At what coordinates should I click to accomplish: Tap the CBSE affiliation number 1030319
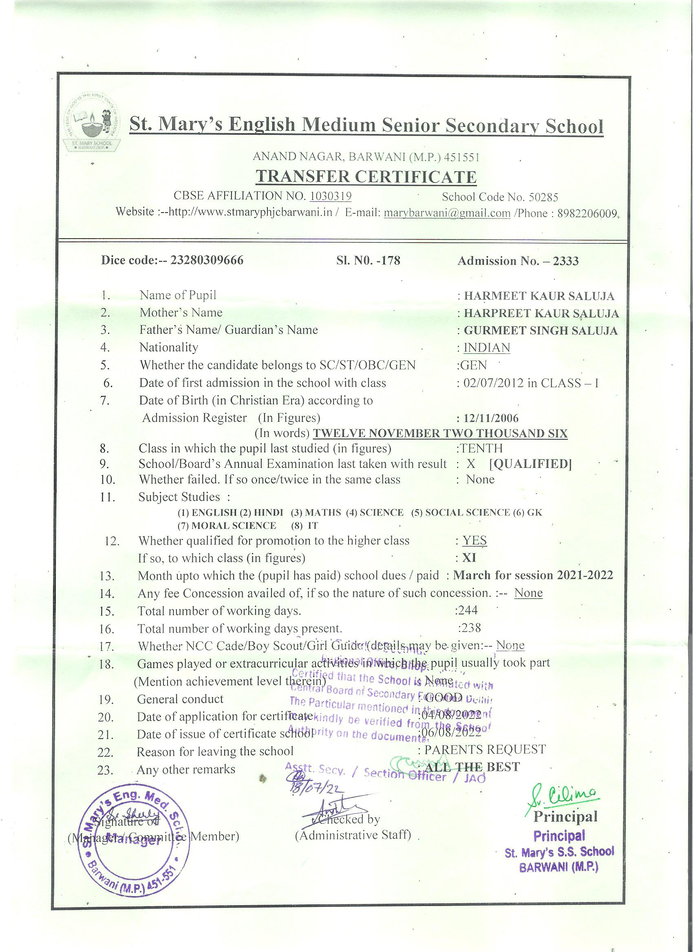click(330, 196)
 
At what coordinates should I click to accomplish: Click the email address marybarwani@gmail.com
click(447, 213)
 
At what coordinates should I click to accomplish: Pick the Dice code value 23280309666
click(206, 260)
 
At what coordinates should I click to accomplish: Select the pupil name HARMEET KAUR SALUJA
click(539, 296)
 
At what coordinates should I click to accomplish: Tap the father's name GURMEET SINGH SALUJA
click(541, 331)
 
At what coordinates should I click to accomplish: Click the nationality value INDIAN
click(487, 348)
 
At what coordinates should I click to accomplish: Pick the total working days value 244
click(468, 610)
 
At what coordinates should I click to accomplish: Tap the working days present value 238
click(470, 628)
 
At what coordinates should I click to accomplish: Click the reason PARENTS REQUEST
click(485, 749)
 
